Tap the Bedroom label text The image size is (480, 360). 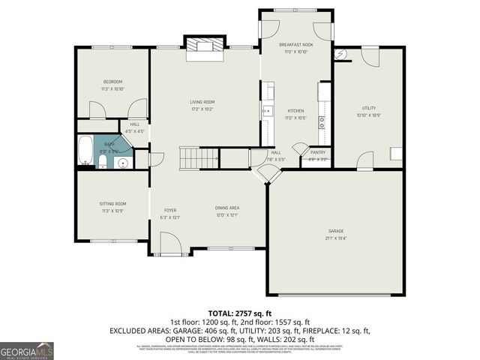point(112,82)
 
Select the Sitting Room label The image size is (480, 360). point(112,203)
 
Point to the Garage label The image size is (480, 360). point(335,230)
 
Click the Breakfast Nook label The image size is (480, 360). point(295,45)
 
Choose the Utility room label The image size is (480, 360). point(369,108)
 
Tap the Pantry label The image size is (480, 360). point(317,152)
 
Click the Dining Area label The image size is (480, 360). point(227,208)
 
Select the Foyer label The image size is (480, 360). point(170,210)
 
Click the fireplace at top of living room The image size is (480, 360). point(205,46)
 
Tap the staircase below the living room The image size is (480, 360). point(198,158)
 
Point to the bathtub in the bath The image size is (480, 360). point(84,150)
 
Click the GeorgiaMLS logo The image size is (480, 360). point(26,349)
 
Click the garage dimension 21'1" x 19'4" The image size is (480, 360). point(335,238)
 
